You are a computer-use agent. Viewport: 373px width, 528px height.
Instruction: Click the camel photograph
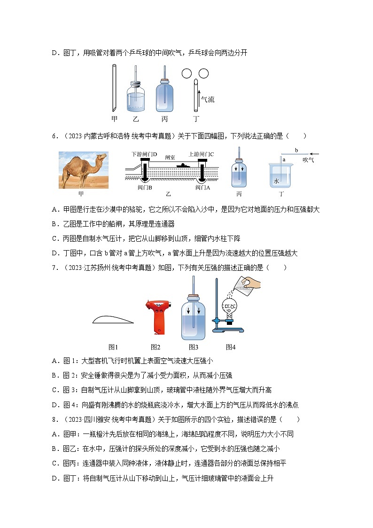click(83, 170)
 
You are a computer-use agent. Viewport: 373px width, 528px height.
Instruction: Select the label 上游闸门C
click(201, 154)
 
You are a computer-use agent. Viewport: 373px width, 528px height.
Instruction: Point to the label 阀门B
click(145, 187)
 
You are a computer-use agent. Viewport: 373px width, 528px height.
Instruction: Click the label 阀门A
click(203, 187)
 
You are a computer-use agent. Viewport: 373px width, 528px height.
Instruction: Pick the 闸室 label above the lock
click(170, 158)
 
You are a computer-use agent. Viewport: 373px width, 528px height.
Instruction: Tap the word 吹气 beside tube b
click(308, 160)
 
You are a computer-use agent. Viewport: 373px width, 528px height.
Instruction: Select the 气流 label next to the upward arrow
click(208, 99)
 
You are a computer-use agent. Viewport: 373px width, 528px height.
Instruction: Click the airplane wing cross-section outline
click(112, 319)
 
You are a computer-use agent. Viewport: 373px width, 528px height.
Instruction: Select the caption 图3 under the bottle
click(193, 347)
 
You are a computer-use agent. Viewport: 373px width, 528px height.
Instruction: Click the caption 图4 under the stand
click(230, 347)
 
